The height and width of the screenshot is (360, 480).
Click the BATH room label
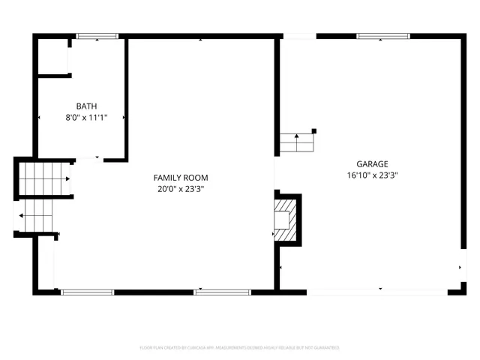pos(86,106)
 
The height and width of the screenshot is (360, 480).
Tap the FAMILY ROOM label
pos(181,178)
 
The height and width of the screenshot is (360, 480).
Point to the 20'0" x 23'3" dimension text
pos(181,189)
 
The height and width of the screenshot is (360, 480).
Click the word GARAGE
pos(372,164)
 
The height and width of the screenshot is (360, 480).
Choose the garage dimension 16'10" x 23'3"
pos(372,176)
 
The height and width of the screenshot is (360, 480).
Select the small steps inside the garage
pos(296,142)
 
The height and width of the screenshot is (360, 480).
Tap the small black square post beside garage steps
pos(314,131)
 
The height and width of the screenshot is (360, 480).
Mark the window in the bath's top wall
pos(97,35)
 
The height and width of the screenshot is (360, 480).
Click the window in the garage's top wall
pos(382,35)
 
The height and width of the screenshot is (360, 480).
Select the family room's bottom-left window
pos(87,292)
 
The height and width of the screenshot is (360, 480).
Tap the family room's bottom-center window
pos(222,292)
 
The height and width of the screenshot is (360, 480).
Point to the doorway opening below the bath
pos(89,159)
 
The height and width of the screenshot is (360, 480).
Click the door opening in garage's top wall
pos(298,35)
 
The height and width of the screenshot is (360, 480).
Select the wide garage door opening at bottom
pos(379,291)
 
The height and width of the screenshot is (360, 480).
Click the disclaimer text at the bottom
pos(240,348)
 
